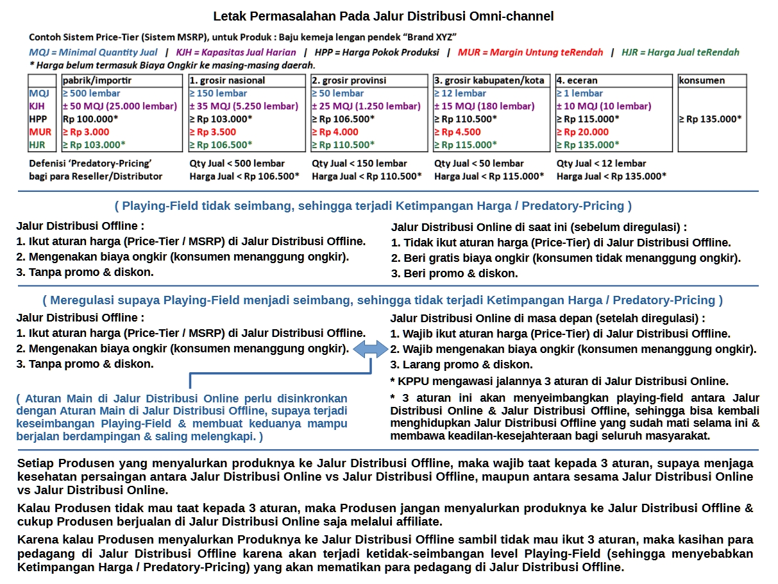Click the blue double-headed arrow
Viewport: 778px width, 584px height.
[371, 349]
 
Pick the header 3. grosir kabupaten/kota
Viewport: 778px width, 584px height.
[489, 81]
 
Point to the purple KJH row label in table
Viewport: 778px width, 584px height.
[37, 107]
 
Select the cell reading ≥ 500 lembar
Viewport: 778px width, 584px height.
[92, 94]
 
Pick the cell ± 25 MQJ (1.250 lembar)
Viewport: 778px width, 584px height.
[366, 107]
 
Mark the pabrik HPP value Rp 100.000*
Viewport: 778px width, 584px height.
[94, 119]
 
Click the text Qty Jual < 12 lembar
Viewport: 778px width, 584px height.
[601, 163]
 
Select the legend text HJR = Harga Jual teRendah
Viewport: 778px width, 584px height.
[680, 53]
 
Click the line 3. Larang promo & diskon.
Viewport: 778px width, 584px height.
[461, 365]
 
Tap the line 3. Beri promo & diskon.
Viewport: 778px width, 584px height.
[455, 273]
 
